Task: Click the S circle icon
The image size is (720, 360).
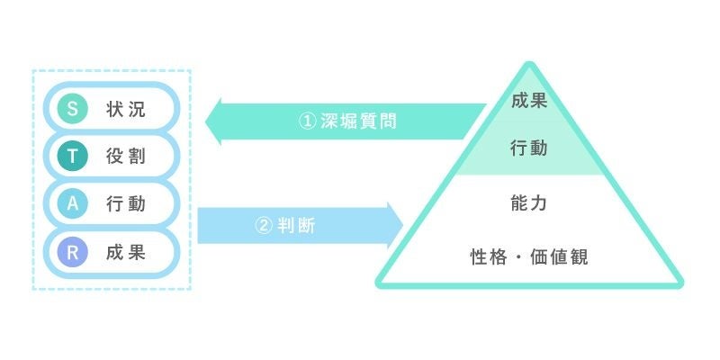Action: coord(72,109)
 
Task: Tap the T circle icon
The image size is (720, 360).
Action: coord(72,157)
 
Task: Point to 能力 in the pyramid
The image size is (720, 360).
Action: coord(528,204)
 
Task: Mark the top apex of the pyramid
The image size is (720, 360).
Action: coord(529,64)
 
